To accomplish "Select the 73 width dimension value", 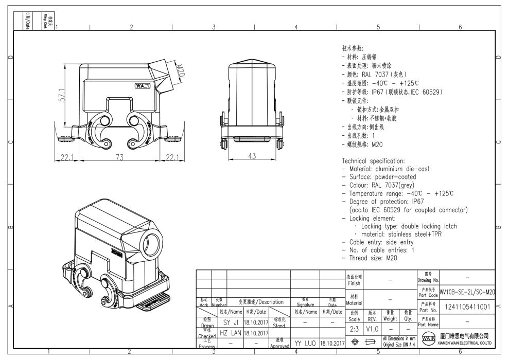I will click(119, 157).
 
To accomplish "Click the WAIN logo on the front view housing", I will click(143, 86).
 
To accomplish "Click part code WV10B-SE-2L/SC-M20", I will click(467, 292).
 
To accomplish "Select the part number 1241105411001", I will click(467, 307).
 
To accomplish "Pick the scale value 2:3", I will click(354, 328).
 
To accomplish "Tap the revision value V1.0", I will click(372, 328).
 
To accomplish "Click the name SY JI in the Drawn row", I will click(230, 322).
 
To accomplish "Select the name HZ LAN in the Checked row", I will click(230, 333).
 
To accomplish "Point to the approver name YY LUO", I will click(305, 343).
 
